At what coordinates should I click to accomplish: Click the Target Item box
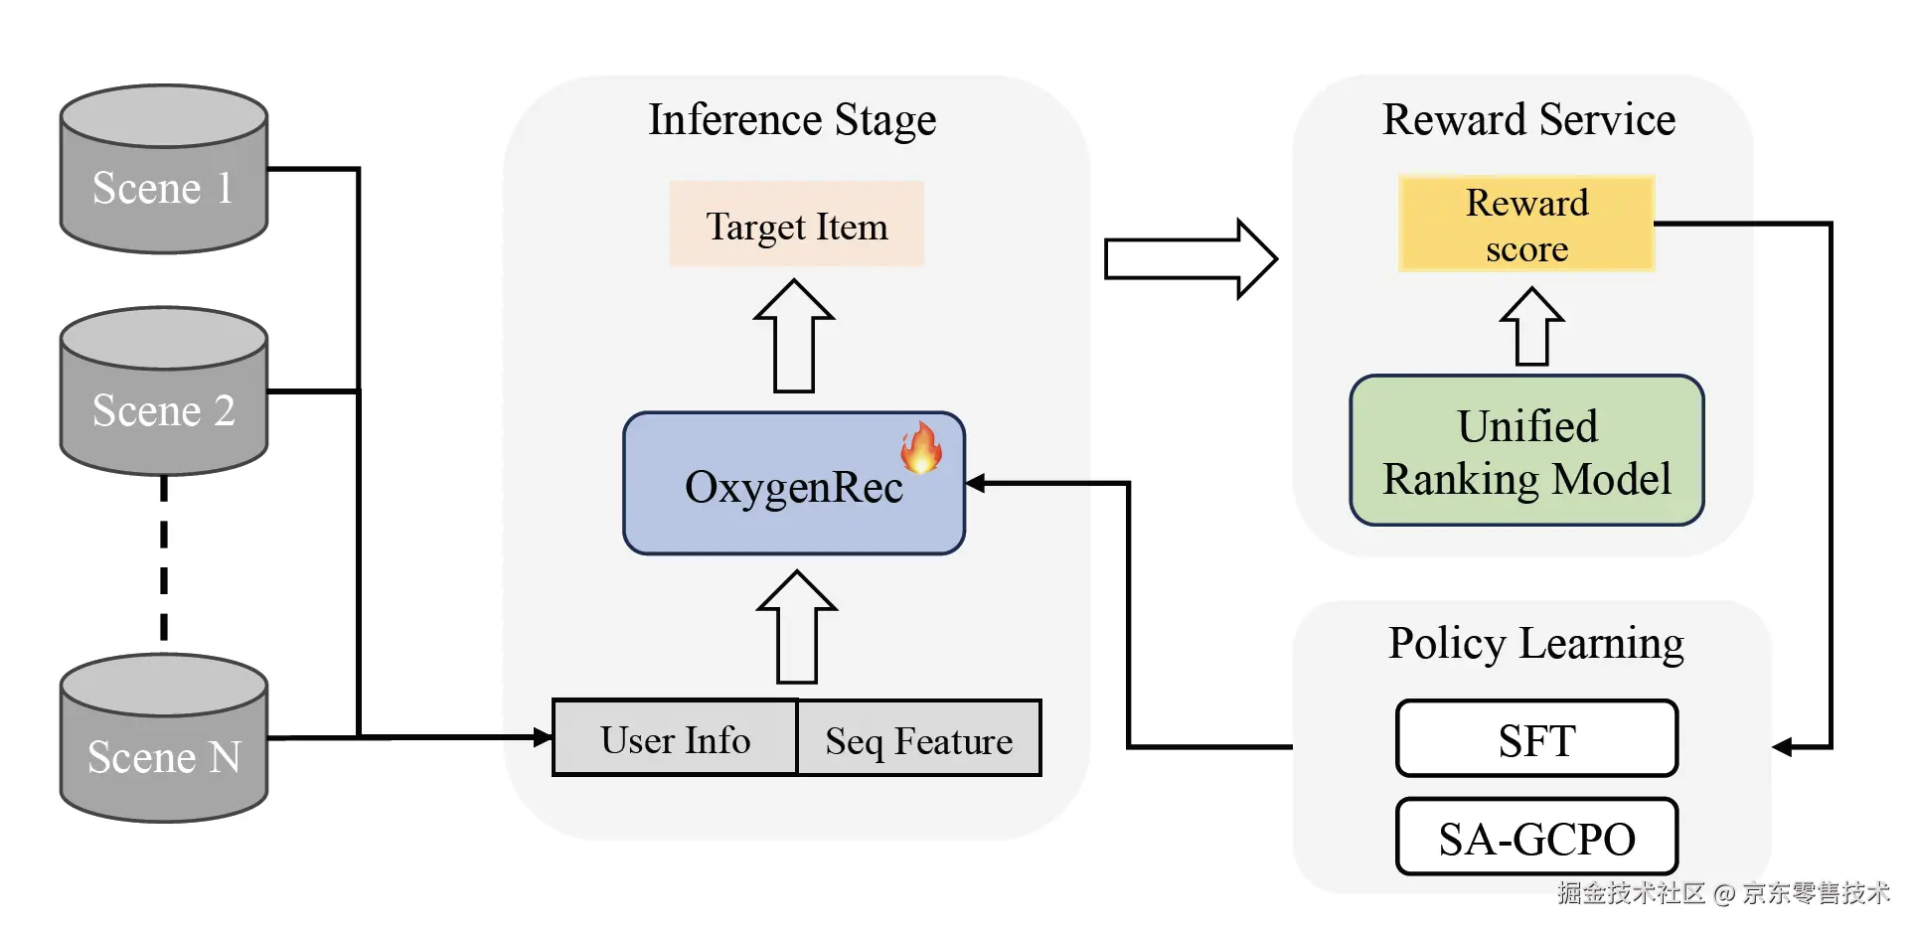tap(796, 225)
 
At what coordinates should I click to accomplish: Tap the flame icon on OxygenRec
tap(921, 447)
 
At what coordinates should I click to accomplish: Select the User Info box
tap(676, 738)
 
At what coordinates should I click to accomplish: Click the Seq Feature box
tap(919, 738)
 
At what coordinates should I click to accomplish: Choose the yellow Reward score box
tap(1526, 225)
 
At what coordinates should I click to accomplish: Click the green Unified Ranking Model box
tap(1526, 451)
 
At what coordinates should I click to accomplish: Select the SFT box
tap(1536, 739)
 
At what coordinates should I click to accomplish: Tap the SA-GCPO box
tap(1536, 838)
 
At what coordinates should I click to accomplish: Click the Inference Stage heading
tap(792, 120)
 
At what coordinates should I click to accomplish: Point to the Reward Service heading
tap(1528, 120)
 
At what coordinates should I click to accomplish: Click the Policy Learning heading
tap(1535, 644)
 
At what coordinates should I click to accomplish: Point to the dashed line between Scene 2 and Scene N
tap(164, 561)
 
